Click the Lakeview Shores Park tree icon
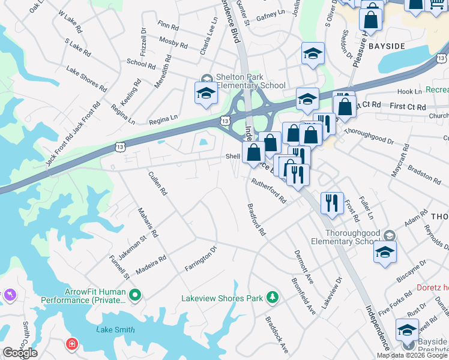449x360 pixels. (273, 297)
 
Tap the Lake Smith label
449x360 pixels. (115, 329)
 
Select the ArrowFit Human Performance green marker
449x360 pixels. (135, 295)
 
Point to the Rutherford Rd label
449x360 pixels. (269, 190)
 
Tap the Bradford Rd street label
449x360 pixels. (256, 220)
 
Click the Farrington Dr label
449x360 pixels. (200, 258)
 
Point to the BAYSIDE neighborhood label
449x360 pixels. (387, 46)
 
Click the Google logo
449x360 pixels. (20, 353)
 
